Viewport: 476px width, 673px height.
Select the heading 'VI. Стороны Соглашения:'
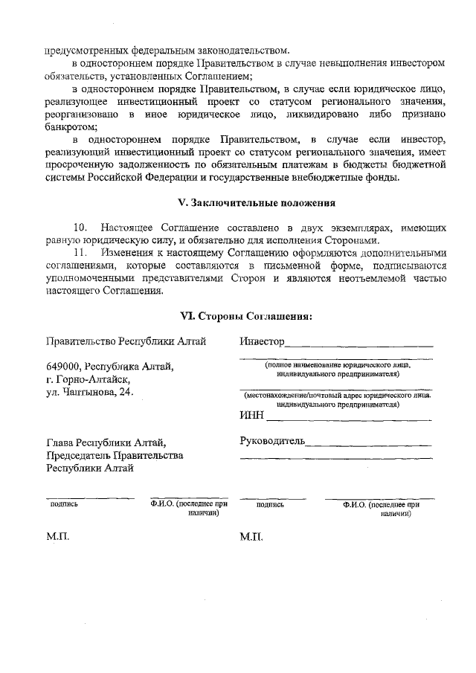click(x=246, y=315)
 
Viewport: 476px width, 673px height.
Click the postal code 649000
click(x=63, y=367)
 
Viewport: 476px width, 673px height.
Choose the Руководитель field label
click(x=272, y=442)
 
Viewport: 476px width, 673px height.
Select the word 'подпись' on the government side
click(x=63, y=503)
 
